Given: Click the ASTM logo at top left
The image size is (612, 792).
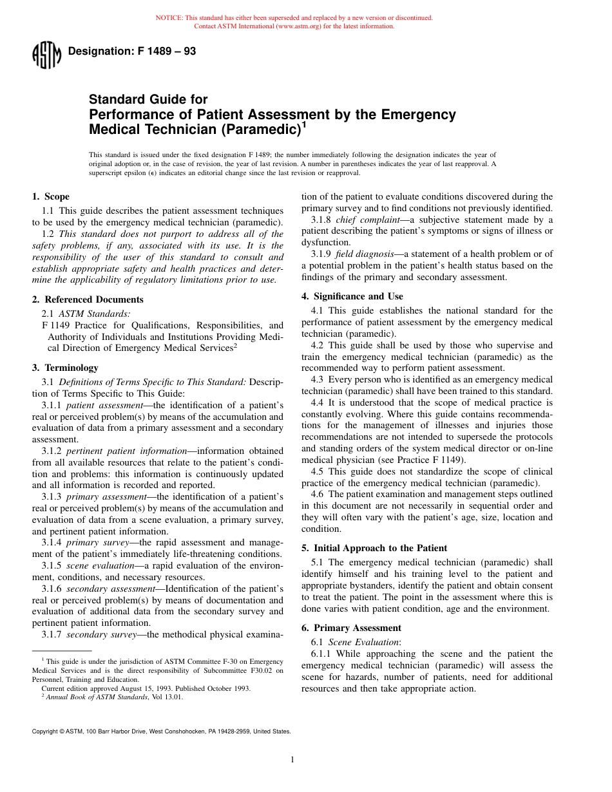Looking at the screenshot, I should [x=46, y=55].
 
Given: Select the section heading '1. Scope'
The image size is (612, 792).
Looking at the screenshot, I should [x=51, y=196].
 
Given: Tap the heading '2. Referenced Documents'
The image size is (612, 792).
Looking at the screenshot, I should [x=88, y=299].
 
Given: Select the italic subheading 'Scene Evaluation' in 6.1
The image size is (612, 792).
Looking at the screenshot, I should [x=364, y=642].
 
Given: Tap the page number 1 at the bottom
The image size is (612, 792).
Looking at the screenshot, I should [x=292, y=760].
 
